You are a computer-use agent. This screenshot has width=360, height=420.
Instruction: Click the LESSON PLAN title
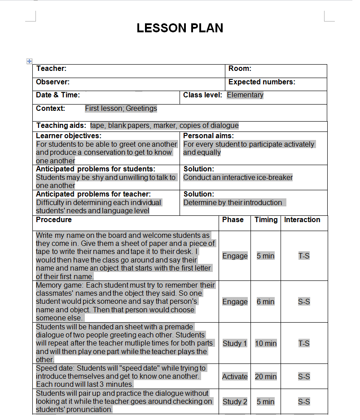pos(180,28)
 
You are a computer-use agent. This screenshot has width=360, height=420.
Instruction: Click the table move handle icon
pos(30,61)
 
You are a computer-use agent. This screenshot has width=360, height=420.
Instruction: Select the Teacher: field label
pos(51,69)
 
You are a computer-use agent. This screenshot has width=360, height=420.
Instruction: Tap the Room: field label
pos(240,69)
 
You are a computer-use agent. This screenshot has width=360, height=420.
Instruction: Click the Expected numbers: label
pos(262,82)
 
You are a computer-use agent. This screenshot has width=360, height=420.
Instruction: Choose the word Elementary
pos(245,95)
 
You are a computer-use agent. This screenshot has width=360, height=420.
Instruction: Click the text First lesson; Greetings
pos(121,109)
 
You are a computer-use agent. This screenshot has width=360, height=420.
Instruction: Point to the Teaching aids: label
pos(61,126)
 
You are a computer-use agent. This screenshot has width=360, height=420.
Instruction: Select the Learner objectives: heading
pos(69,136)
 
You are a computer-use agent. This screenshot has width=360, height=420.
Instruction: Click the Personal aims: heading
pos(208,136)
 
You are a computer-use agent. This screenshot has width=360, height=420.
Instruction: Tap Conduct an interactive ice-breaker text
pos(238,178)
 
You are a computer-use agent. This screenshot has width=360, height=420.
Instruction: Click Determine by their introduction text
pos(233,203)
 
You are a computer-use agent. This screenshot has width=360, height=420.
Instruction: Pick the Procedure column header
pos(54,220)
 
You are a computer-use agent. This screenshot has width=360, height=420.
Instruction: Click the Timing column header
pos(266,220)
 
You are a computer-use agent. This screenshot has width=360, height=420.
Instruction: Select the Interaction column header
pos(302,220)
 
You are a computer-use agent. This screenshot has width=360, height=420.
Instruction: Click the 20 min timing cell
pos(266,377)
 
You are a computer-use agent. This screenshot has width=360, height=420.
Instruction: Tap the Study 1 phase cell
pos(235,344)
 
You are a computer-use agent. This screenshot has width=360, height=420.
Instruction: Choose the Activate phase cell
pos(235,377)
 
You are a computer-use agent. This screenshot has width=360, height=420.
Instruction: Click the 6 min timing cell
pos(265,302)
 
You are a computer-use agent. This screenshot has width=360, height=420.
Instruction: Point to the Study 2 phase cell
pos(235,402)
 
